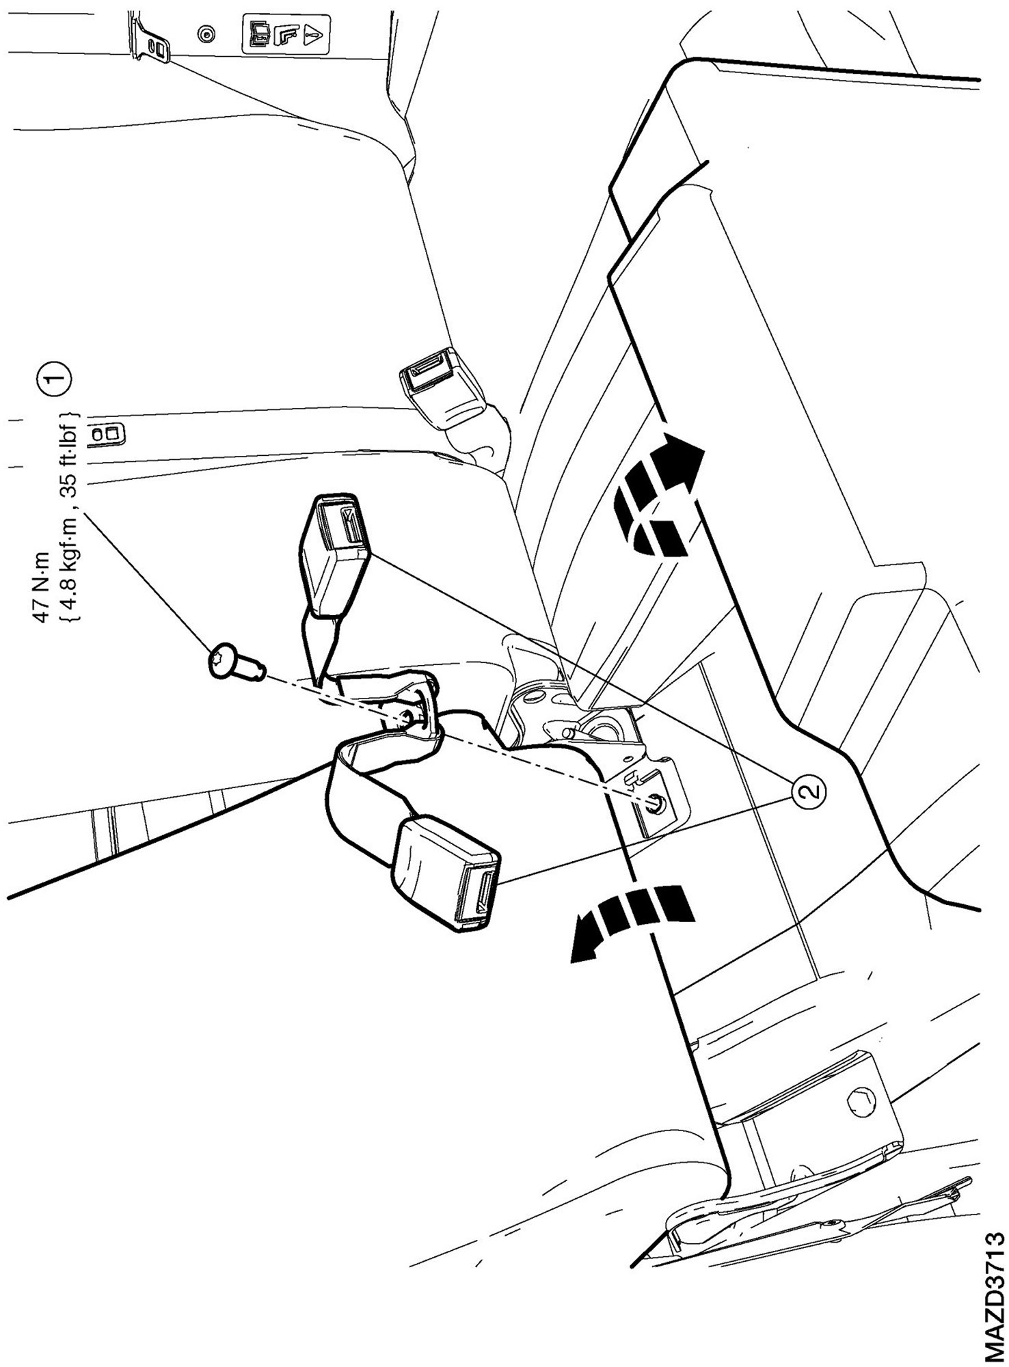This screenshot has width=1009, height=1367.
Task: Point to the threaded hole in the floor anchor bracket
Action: tap(654, 804)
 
